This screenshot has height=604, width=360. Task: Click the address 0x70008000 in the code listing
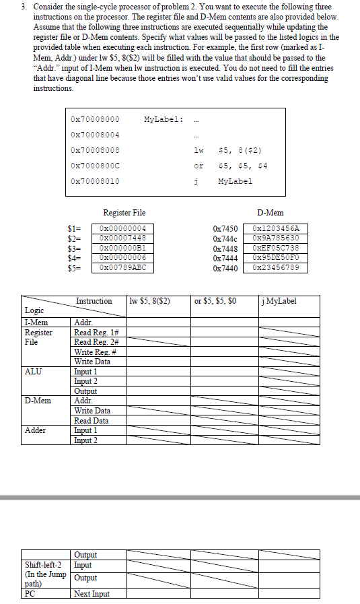pos(95,119)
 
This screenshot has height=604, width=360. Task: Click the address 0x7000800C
pos(95,166)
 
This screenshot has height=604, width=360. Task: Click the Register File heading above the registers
pos(124,213)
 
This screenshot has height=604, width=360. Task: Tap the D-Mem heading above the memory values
pos(270,213)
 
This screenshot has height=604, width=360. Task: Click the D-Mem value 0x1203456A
pos(280,228)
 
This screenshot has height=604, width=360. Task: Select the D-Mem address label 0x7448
pos(225,248)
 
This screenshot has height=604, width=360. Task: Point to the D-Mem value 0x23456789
pos(280,267)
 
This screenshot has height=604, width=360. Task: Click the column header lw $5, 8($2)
pos(149,301)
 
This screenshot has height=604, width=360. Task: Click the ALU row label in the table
pos(32,371)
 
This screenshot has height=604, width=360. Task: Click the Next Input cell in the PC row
pos(92,593)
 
